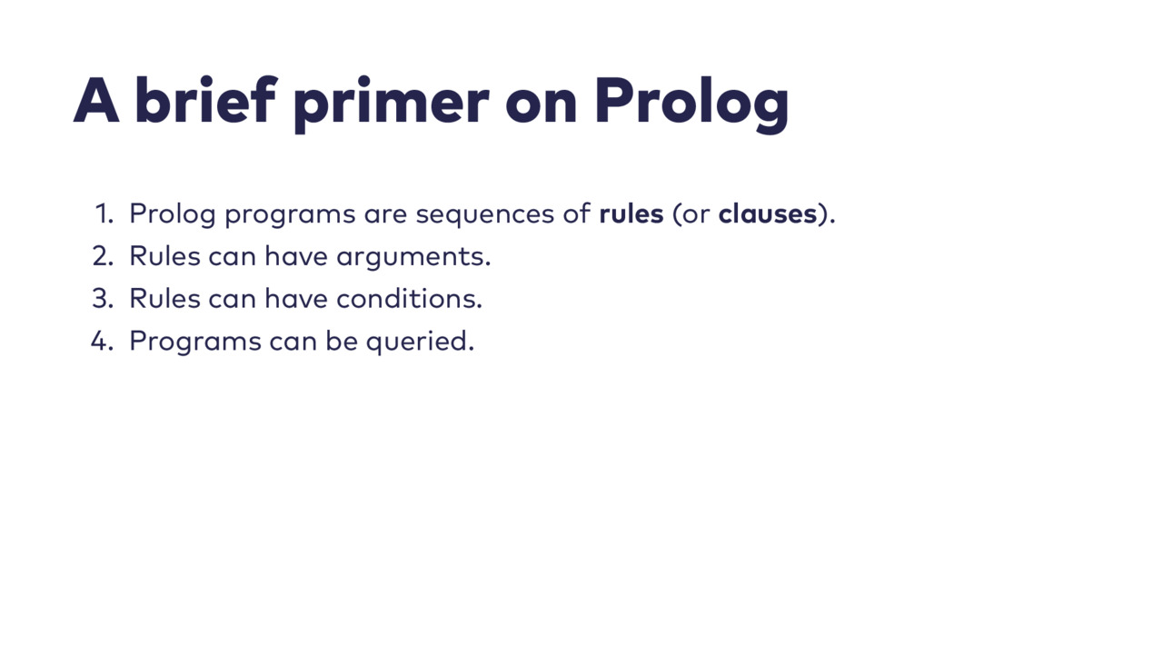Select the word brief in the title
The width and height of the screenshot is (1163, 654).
(205, 100)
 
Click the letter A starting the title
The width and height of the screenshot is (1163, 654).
(96, 101)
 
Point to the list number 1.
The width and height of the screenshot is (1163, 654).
(104, 213)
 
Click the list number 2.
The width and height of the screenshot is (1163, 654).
(104, 256)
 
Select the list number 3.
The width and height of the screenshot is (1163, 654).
(104, 299)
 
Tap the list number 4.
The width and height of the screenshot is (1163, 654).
(103, 342)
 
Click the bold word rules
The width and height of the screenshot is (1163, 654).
(631, 213)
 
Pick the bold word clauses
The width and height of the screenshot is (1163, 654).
(768, 213)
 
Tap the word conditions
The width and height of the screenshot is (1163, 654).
(409, 299)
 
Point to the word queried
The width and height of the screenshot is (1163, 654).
(420, 343)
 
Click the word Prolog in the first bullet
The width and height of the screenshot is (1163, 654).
(173, 215)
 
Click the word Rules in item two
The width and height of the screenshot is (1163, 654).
(165, 256)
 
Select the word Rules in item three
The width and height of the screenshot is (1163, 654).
(165, 299)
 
